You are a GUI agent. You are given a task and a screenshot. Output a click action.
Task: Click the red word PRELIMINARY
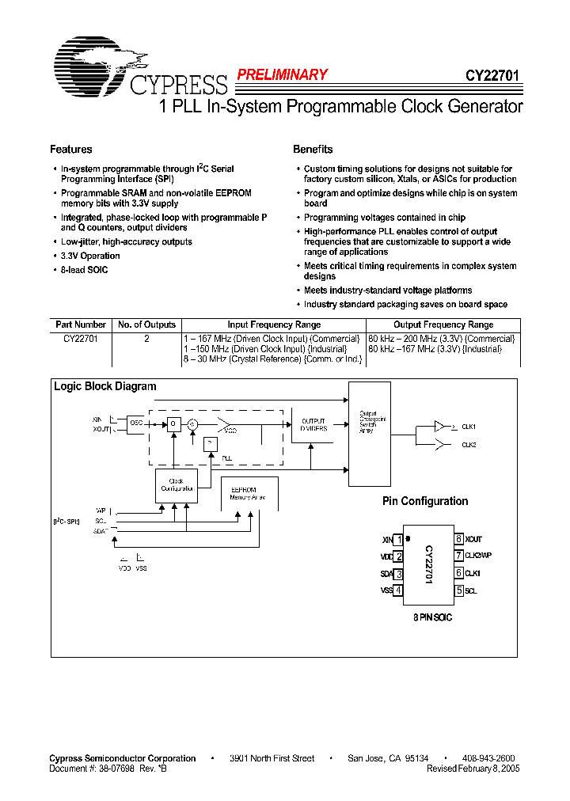[x=282, y=75]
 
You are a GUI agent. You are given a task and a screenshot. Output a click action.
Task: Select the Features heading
[x=71, y=150]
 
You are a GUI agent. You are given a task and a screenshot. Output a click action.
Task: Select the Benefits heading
[x=313, y=150]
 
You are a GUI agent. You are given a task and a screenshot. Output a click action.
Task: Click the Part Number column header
[x=81, y=325]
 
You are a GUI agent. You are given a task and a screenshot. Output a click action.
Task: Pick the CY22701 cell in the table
[x=80, y=338]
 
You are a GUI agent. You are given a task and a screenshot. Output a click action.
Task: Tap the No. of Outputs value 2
[x=146, y=338]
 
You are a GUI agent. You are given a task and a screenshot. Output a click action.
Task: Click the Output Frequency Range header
[x=443, y=325]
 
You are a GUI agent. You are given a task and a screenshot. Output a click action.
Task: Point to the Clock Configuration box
[x=176, y=484]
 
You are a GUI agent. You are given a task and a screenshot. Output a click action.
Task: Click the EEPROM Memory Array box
[x=249, y=493]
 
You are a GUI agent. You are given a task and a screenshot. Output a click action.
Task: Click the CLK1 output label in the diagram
[x=469, y=426]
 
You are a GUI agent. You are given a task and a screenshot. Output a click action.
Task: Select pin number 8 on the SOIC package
[x=458, y=539]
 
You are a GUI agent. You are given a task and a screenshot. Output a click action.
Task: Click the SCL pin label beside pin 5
[x=471, y=590]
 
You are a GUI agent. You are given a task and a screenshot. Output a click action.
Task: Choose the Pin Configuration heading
[x=425, y=501]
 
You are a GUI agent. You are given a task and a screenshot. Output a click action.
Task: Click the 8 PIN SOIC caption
[x=431, y=617]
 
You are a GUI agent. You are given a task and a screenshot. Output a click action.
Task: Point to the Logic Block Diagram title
[x=104, y=386]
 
